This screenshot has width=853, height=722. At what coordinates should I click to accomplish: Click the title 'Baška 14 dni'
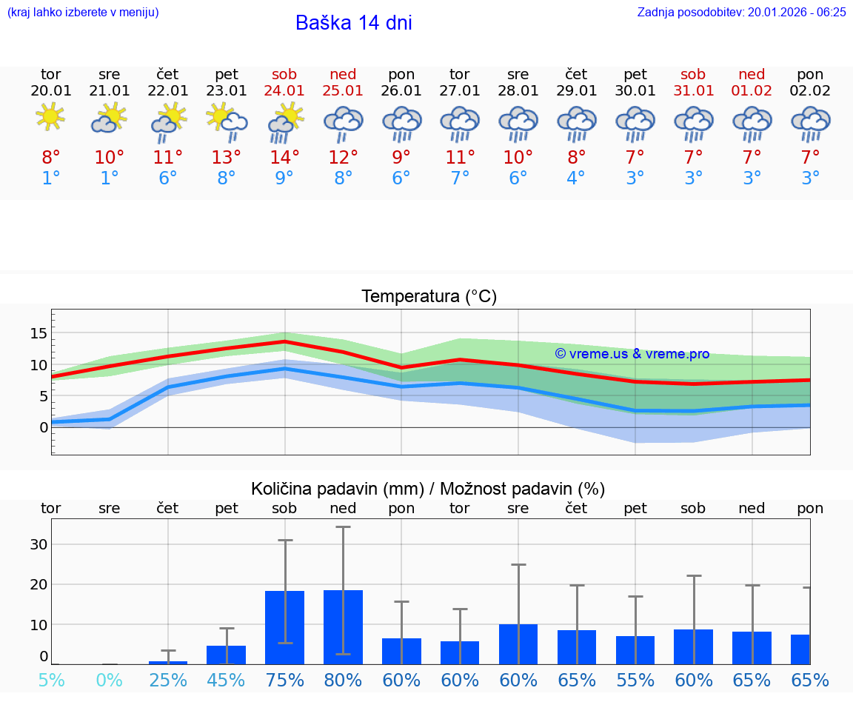[353, 23]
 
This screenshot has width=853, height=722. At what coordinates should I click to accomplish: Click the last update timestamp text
[741, 12]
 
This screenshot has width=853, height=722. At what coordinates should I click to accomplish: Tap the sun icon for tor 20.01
[50, 116]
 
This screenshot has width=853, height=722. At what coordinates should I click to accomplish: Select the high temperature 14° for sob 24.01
[284, 157]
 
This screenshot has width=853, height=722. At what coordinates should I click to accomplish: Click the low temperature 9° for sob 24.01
[284, 178]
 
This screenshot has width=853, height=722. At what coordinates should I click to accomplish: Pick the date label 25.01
[343, 91]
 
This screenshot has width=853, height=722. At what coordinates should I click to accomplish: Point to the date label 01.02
[752, 91]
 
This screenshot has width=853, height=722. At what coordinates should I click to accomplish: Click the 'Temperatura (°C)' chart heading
[429, 297]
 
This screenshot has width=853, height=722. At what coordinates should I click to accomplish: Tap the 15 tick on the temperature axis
[39, 333]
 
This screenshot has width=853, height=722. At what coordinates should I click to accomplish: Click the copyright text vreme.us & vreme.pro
[632, 354]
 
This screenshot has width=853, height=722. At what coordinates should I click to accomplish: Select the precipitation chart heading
[427, 489]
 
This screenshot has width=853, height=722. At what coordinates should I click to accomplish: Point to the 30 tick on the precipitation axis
[39, 544]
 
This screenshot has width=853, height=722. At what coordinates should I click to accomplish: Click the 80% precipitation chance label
[343, 680]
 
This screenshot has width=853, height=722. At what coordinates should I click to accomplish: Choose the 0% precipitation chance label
[109, 680]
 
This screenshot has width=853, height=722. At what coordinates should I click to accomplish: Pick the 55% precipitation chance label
[635, 680]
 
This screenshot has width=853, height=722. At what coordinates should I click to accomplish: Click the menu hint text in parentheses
[83, 12]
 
